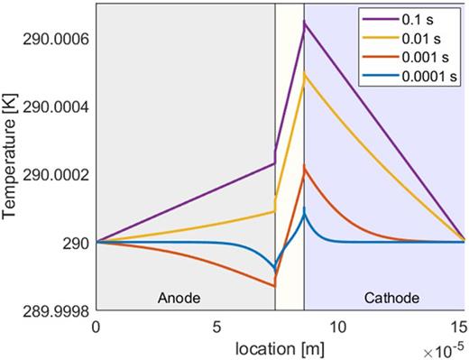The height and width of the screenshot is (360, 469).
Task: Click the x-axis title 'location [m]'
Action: pyautogui.click(x=277, y=346)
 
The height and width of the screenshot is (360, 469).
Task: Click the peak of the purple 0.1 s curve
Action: pyautogui.click(x=305, y=22)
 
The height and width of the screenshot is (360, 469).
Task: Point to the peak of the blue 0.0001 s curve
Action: pyautogui.click(x=305, y=211)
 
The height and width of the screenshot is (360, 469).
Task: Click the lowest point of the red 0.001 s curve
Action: pyautogui.click(x=275, y=286)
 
